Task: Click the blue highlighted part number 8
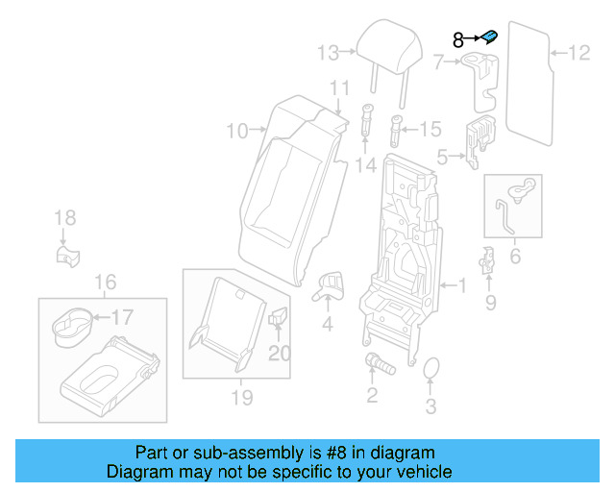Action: [489, 37]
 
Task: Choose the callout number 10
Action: [237, 130]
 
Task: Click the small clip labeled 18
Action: [65, 255]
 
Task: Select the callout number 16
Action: [105, 282]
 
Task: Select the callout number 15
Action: [430, 128]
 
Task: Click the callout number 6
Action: [514, 256]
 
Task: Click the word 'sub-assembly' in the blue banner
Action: [218, 453]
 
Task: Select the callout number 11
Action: [338, 88]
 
